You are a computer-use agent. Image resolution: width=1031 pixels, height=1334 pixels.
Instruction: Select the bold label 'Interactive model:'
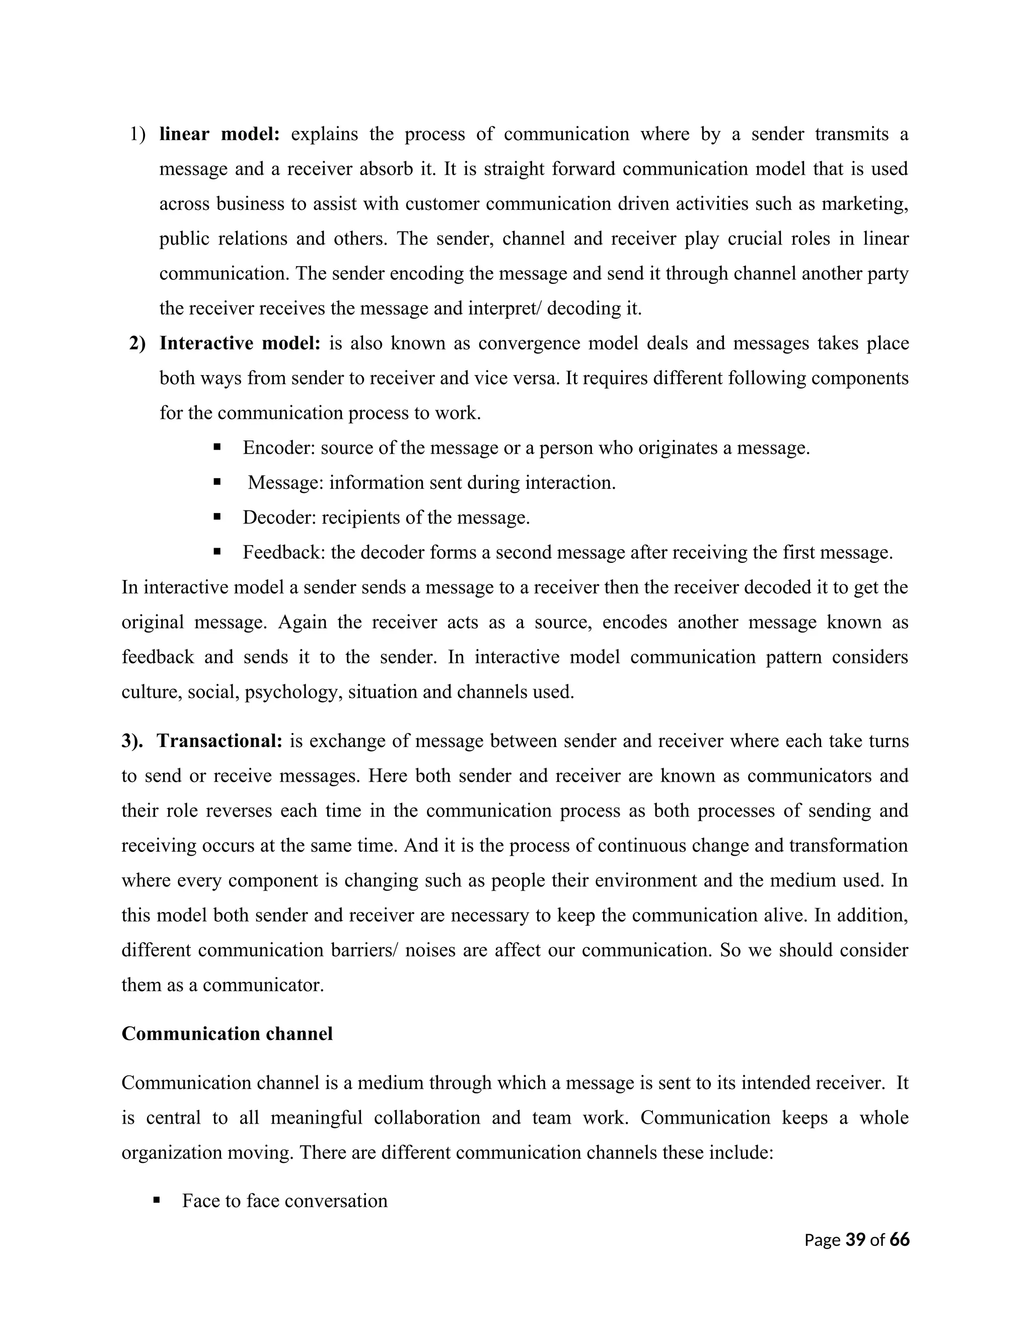pyautogui.click(x=240, y=343)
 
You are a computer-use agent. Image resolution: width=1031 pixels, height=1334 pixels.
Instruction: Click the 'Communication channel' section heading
pyautogui.click(x=227, y=1033)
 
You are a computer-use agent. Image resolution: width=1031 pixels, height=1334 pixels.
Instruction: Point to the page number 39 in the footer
pyautogui.click(x=855, y=1239)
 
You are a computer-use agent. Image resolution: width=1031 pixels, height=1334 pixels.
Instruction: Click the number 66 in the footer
pyautogui.click(x=900, y=1239)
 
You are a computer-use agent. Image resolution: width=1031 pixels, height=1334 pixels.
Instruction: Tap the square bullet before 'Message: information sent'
pyautogui.click(x=217, y=482)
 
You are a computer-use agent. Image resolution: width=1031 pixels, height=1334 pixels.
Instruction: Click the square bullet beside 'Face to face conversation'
pyautogui.click(x=157, y=1200)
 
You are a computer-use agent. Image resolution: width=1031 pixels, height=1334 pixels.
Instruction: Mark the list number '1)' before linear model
pyautogui.click(x=137, y=134)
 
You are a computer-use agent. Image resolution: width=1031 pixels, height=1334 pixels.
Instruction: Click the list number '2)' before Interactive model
pyautogui.click(x=137, y=343)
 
